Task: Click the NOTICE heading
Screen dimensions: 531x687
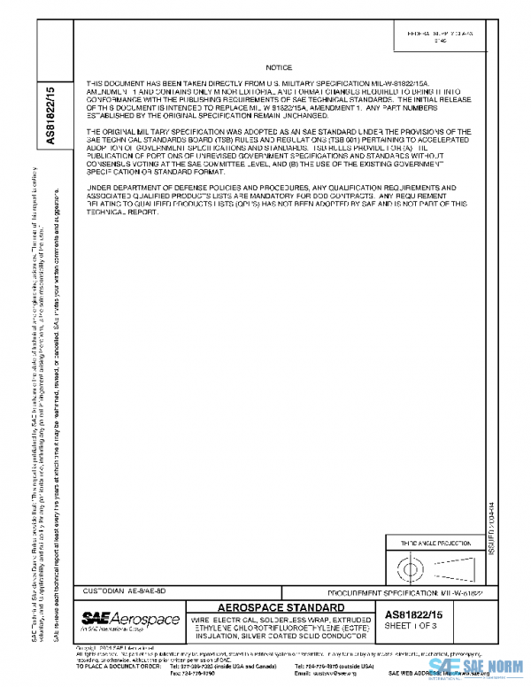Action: point(279,67)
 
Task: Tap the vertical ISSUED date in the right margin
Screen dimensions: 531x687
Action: point(492,531)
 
